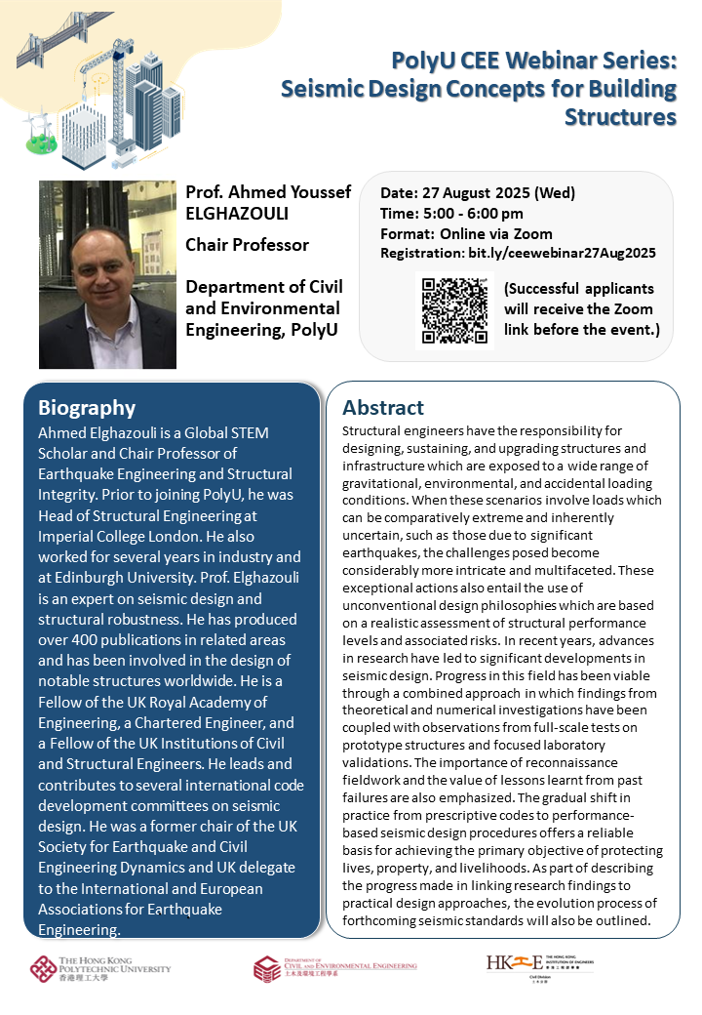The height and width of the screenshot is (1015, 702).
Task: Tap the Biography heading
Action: [x=87, y=408]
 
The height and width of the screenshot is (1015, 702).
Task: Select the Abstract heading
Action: [x=383, y=408]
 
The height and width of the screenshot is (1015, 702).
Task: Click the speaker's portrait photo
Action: [x=107, y=274]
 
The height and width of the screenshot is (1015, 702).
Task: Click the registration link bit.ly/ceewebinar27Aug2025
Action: [x=564, y=253]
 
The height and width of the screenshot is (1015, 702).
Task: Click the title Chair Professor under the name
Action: [x=247, y=244]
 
